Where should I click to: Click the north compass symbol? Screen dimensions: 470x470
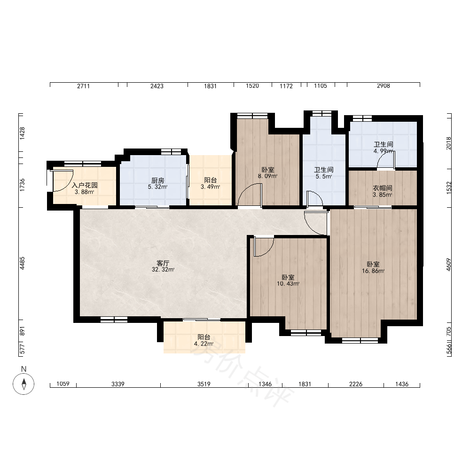pos(23,384)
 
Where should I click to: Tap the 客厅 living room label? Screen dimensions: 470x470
pos(163,263)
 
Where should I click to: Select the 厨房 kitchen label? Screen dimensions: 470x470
pos(157,180)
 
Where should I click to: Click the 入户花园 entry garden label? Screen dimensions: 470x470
pos(85,185)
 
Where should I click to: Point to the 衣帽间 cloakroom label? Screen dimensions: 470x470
pos(383,188)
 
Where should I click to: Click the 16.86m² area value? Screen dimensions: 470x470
pos(373,271)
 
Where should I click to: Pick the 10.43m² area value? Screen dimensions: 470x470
pos(288,283)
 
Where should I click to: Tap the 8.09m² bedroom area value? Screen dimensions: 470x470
pos(268,176)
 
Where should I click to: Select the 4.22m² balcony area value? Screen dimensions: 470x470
pos(204,344)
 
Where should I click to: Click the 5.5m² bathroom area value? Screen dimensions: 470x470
pos(324,177)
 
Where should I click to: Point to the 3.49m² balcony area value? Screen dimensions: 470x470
pos(211,187)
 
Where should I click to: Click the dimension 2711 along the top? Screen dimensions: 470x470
pos(83,86)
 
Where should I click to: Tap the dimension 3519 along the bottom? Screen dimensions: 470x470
pos(204,384)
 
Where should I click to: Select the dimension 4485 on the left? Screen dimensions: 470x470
pos(22,263)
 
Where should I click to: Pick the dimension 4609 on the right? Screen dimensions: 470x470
pos(448,265)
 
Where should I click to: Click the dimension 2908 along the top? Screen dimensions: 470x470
pos(384,86)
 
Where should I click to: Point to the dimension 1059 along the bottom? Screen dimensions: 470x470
pos(63,384)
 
